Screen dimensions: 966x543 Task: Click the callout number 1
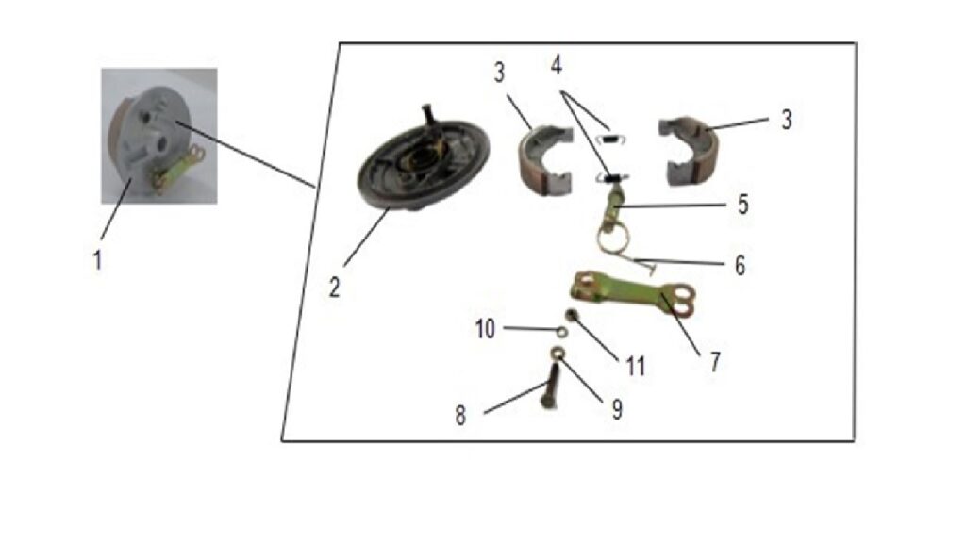(x=97, y=260)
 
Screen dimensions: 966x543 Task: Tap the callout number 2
(x=334, y=287)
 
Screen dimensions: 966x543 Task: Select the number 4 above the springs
(x=557, y=64)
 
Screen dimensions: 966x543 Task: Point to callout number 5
(x=743, y=205)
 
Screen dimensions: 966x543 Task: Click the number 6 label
(x=740, y=265)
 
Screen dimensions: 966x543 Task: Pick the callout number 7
(x=715, y=362)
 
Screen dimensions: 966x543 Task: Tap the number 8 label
(x=460, y=416)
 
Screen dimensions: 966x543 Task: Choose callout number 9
(x=617, y=409)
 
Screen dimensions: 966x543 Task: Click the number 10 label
(x=485, y=329)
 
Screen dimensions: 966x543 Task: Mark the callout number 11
(x=635, y=367)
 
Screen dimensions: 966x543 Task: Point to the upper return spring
(x=613, y=139)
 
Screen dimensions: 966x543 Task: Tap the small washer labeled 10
(x=562, y=332)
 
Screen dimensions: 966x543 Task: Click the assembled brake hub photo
(x=158, y=136)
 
